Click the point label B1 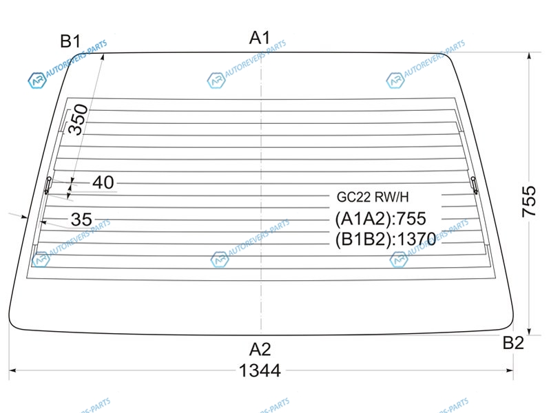click(x=70, y=41)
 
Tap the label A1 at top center click(x=260, y=39)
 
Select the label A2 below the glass click(x=260, y=348)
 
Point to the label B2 click(x=513, y=343)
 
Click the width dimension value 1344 click(x=260, y=371)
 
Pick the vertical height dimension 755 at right click(x=529, y=202)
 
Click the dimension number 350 click(x=81, y=119)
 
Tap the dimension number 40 click(x=103, y=182)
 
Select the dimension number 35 click(x=81, y=220)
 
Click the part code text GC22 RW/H click(x=373, y=197)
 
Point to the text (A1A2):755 click(x=381, y=219)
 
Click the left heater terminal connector click(x=48, y=183)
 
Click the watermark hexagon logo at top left click(x=36, y=81)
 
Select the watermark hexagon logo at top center click(x=216, y=81)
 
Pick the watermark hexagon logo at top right click(x=395, y=81)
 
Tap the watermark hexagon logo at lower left click(x=41, y=260)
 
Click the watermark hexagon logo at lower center click(x=219, y=260)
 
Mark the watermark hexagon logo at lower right click(x=398, y=260)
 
